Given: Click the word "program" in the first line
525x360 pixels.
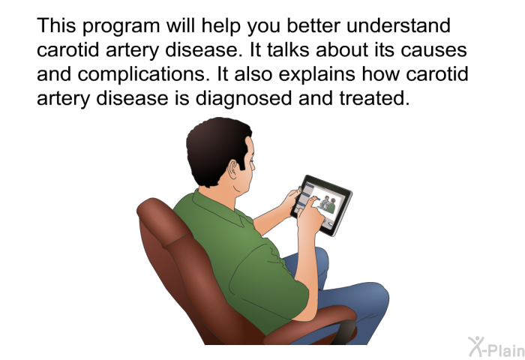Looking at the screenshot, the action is pyautogui.click(x=121, y=27).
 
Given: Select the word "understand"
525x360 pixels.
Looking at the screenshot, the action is pyautogui.click(x=398, y=25).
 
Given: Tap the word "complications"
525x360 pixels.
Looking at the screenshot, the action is pyautogui.click(x=141, y=75).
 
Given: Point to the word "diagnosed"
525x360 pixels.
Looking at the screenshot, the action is pyautogui.click(x=244, y=98).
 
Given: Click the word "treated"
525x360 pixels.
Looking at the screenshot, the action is pyautogui.click(x=374, y=98).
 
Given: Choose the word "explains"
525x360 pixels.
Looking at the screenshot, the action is pyautogui.click(x=316, y=75).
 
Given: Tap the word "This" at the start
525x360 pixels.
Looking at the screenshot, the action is pyautogui.click(x=56, y=25).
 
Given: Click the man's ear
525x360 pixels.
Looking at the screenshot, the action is pyautogui.click(x=233, y=169).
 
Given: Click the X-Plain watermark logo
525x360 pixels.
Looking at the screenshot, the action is pyautogui.click(x=496, y=346).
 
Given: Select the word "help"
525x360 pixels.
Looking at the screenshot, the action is pyautogui.click(x=221, y=26).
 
